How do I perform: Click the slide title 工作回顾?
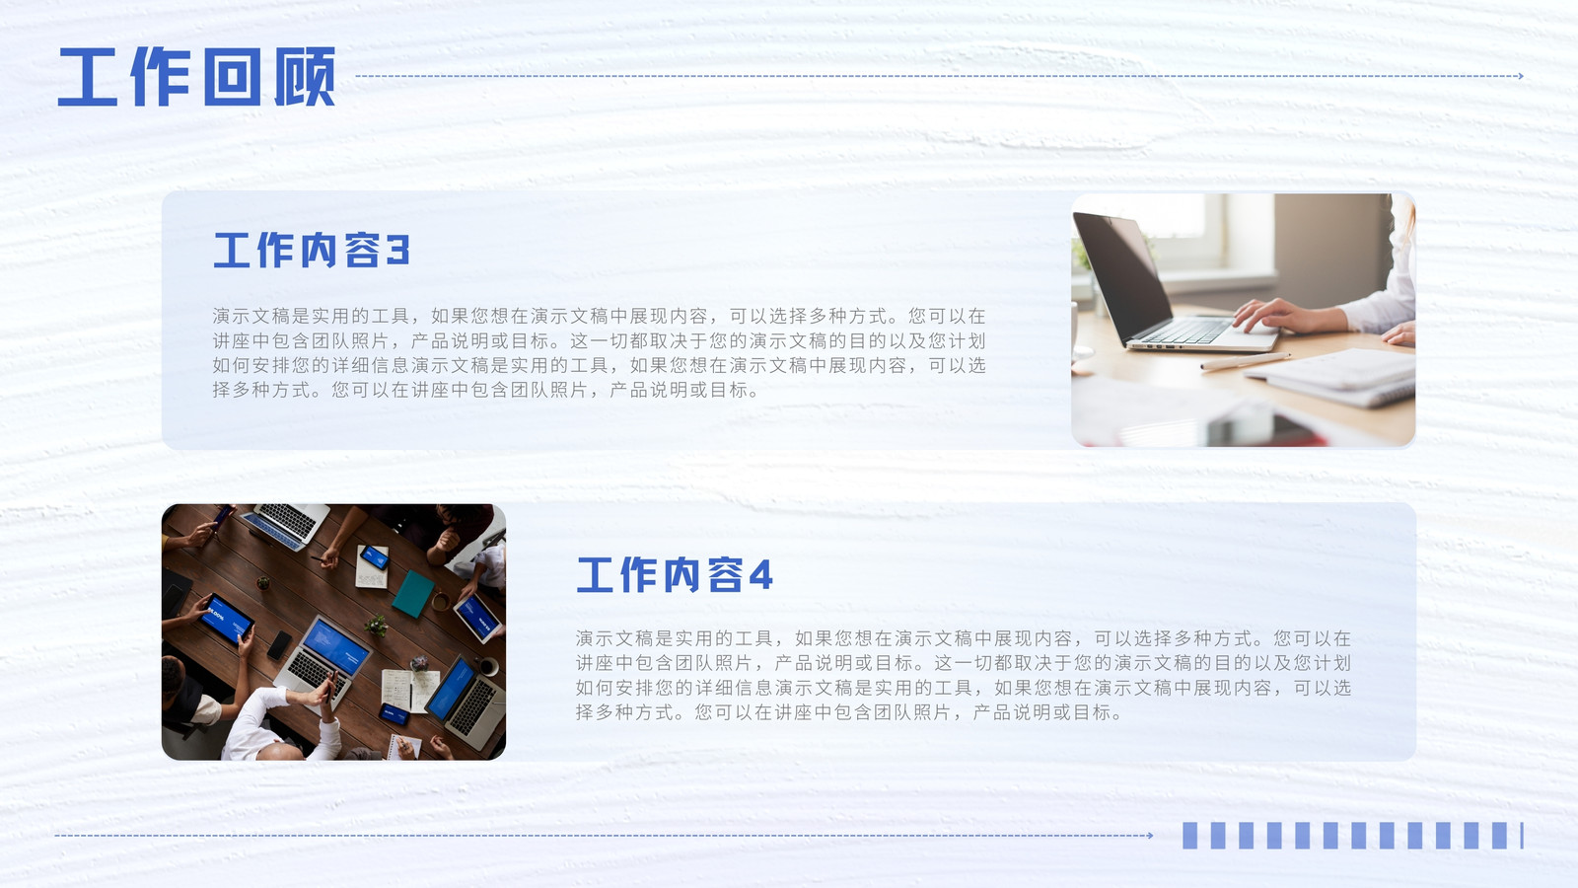(x=196, y=77)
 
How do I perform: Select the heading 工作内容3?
(x=311, y=251)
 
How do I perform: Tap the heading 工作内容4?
(x=675, y=574)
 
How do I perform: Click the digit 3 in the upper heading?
(x=398, y=251)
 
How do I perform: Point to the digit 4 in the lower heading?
(x=760, y=574)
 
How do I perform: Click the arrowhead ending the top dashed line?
(x=1521, y=75)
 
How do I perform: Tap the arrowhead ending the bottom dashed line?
(x=1150, y=836)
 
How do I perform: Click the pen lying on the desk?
(x=1245, y=361)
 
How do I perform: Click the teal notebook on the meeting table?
(x=413, y=593)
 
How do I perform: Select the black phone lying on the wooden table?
(x=280, y=645)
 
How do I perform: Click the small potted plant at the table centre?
(x=377, y=625)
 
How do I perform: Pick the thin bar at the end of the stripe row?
(x=1522, y=836)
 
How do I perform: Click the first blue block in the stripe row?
(x=1189, y=836)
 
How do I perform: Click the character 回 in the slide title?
(x=232, y=77)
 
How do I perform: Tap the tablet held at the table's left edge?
(x=226, y=619)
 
